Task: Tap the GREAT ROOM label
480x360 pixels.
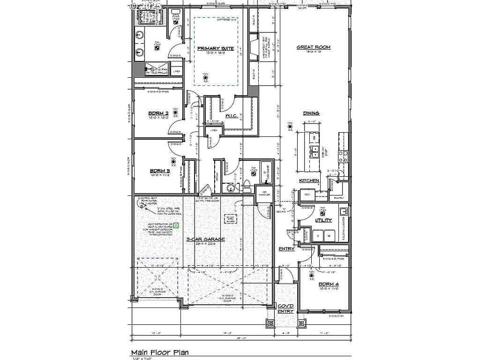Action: point(314,47)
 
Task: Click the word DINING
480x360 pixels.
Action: point(311,113)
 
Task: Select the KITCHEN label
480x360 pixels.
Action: point(309,180)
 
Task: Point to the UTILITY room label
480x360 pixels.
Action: point(323,220)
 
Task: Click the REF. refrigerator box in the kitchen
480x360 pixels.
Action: point(307,194)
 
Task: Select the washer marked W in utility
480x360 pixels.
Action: point(329,235)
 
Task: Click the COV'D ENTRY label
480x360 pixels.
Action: point(285,308)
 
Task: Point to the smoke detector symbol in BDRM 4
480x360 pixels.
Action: point(311,277)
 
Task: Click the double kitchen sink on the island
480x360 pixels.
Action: point(313,153)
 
